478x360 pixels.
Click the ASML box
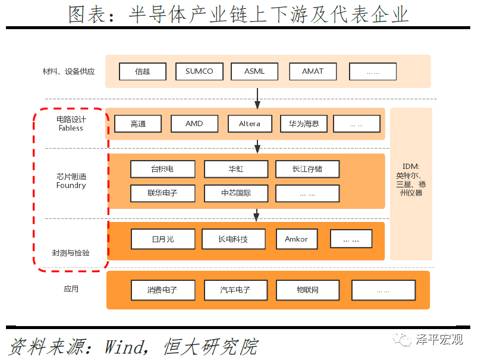(x=254, y=71)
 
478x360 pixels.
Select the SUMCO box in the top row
(x=199, y=71)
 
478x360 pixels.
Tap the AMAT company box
(x=313, y=71)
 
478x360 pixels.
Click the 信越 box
(x=143, y=71)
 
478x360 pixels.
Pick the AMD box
(x=194, y=124)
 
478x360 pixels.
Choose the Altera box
(x=250, y=124)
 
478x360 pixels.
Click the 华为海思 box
(x=304, y=124)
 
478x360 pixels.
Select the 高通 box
(x=138, y=124)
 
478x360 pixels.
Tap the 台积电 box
(x=163, y=169)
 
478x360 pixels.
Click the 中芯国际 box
(x=236, y=193)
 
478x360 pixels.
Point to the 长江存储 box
(x=307, y=169)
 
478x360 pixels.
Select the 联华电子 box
(x=163, y=193)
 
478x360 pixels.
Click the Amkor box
(x=297, y=239)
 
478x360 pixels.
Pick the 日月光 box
(x=163, y=239)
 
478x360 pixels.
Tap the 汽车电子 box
(x=236, y=290)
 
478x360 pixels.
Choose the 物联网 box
(x=308, y=290)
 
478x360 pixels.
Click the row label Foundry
(x=71, y=186)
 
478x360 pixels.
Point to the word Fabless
(x=71, y=128)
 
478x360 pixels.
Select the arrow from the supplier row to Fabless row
(x=257, y=99)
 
